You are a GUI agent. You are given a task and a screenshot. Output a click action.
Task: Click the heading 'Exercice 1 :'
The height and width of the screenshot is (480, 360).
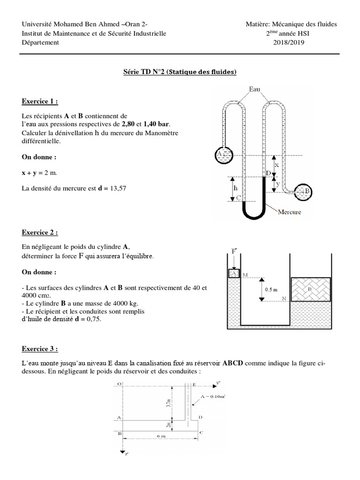pos(40,101)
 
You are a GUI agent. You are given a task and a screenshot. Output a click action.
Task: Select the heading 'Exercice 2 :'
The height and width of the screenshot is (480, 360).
pos(40,232)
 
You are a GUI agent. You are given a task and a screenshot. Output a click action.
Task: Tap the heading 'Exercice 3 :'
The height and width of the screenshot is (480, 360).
pos(40,349)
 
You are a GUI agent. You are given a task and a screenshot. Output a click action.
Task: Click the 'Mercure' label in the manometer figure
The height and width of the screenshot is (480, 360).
pos(289,212)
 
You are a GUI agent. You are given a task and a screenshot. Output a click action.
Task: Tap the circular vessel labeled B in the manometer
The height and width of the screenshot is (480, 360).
pos(305,190)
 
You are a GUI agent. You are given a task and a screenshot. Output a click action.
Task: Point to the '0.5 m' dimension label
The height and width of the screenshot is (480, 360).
pos(271,290)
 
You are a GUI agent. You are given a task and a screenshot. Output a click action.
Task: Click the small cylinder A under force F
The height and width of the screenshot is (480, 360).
pos(233,273)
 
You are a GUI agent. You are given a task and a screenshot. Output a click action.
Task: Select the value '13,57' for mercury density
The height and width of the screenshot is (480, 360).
pos(117,188)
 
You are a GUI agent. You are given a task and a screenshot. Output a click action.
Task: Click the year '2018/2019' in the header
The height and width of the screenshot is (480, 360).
pos(289,43)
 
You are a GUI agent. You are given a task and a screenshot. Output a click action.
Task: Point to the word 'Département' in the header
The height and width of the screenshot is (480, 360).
pos(40,43)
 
